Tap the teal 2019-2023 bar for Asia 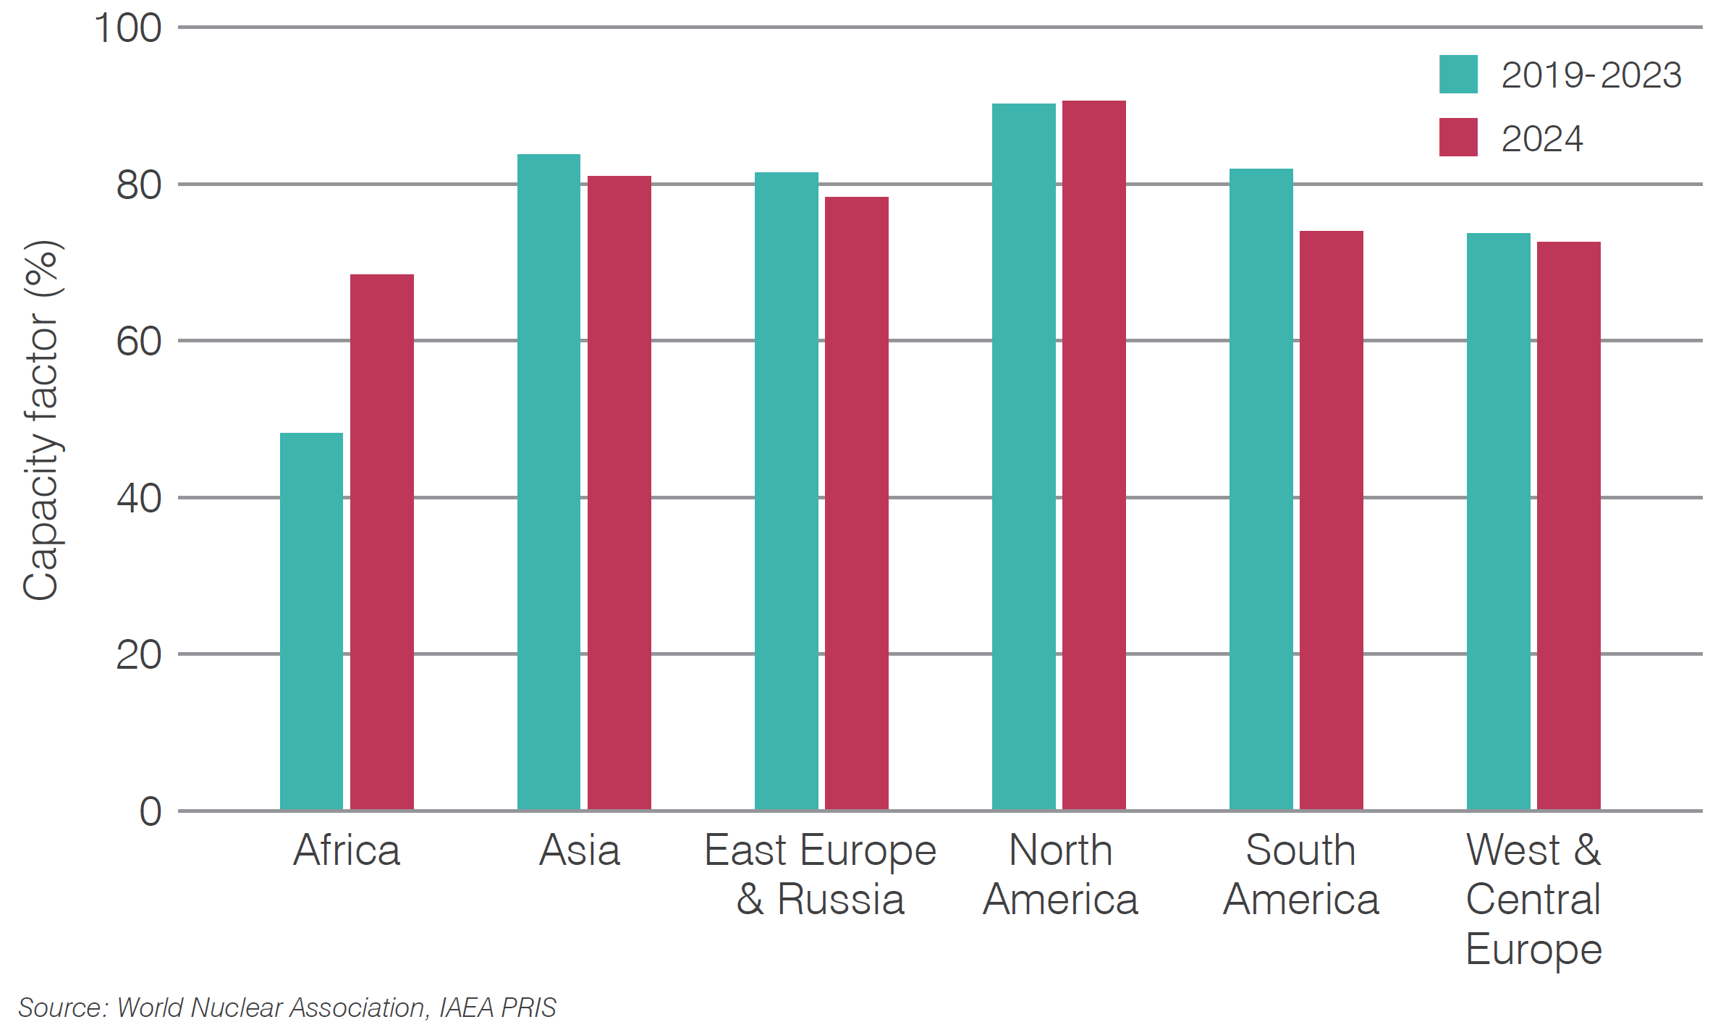tap(549, 481)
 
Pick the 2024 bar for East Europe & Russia tap(856, 503)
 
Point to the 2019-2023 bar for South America tap(1261, 489)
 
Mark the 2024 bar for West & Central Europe tap(1568, 525)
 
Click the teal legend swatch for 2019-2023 tap(1457, 75)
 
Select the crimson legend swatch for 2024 tap(1457, 138)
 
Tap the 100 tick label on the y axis tap(127, 29)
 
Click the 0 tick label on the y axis tap(151, 811)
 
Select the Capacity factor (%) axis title tap(41, 420)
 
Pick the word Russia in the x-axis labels tap(840, 900)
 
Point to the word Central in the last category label tap(1533, 900)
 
